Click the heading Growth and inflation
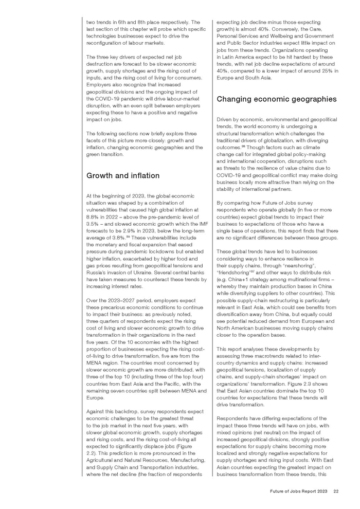pos(123,176)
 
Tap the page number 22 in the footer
pos(335,492)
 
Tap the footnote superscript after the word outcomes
pos(244,145)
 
